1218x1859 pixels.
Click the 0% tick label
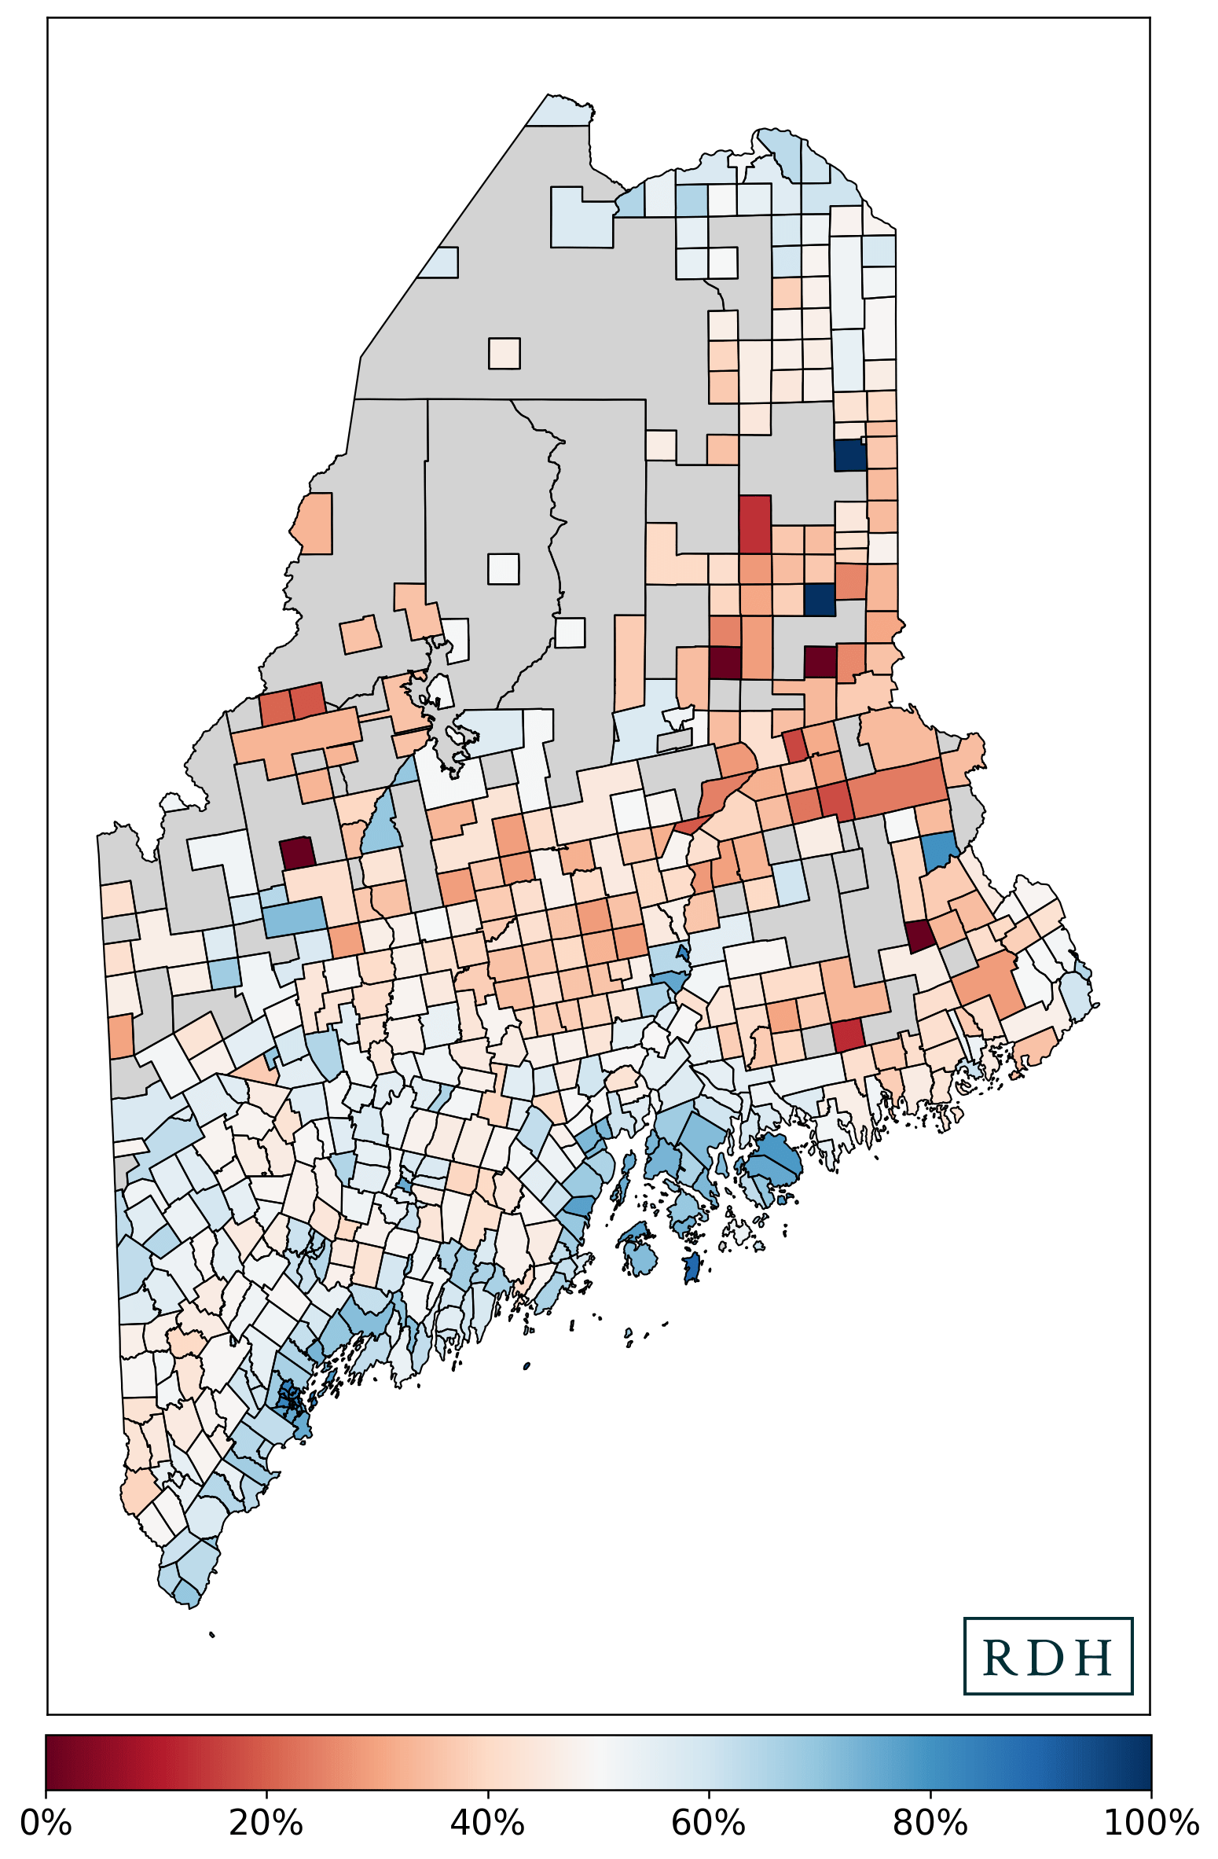coord(46,1822)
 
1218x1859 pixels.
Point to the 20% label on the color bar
coord(266,1822)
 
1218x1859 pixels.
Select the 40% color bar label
coord(487,1822)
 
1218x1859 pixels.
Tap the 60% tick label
coord(709,1822)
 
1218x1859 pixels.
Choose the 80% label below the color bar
coord(930,1822)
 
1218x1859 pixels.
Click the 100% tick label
coord(1150,1822)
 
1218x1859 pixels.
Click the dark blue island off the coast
coord(692,1267)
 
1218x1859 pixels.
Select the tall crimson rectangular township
coord(755,524)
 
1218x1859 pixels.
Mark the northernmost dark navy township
coord(849,455)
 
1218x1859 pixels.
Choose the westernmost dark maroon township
coord(298,852)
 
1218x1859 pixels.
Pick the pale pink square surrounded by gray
coord(504,353)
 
